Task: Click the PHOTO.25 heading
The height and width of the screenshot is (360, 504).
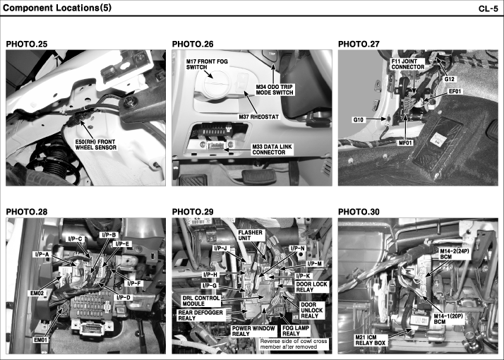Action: click(x=27, y=44)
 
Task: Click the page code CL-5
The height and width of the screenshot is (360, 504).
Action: click(x=488, y=8)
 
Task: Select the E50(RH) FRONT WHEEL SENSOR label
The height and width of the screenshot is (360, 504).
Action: click(x=95, y=145)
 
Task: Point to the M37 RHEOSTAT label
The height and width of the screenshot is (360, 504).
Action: click(x=259, y=116)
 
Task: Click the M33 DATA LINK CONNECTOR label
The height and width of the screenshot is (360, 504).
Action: click(x=272, y=150)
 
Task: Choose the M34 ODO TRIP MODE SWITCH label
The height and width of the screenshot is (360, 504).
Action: click(x=275, y=90)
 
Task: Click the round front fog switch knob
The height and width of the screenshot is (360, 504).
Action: click(x=213, y=83)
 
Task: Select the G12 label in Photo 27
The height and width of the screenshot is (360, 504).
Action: click(x=449, y=79)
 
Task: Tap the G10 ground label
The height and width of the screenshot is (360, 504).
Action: click(x=359, y=120)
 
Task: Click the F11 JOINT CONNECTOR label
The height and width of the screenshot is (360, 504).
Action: click(x=408, y=64)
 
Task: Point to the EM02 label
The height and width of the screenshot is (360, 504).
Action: click(x=37, y=293)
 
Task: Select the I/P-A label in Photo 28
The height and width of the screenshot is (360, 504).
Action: click(x=42, y=255)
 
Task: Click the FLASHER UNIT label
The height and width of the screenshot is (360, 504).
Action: click(x=251, y=235)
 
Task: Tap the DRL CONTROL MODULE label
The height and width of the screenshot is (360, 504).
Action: click(x=201, y=301)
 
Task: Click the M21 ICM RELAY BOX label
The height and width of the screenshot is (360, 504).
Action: click(x=371, y=340)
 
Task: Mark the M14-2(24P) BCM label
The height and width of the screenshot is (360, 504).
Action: click(x=455, y=254)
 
